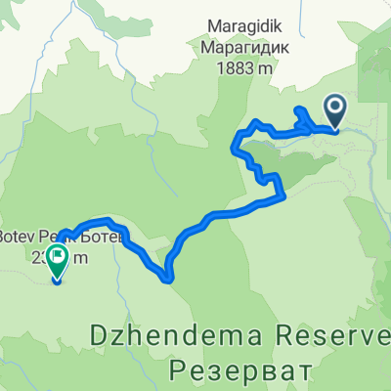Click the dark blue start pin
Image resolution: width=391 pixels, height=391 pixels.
click(333, 110)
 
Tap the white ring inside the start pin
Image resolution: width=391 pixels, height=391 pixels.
click(333, 107)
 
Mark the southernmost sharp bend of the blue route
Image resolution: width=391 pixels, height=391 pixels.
click(169, 278)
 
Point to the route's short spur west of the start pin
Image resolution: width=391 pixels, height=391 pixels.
click(298, 112)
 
